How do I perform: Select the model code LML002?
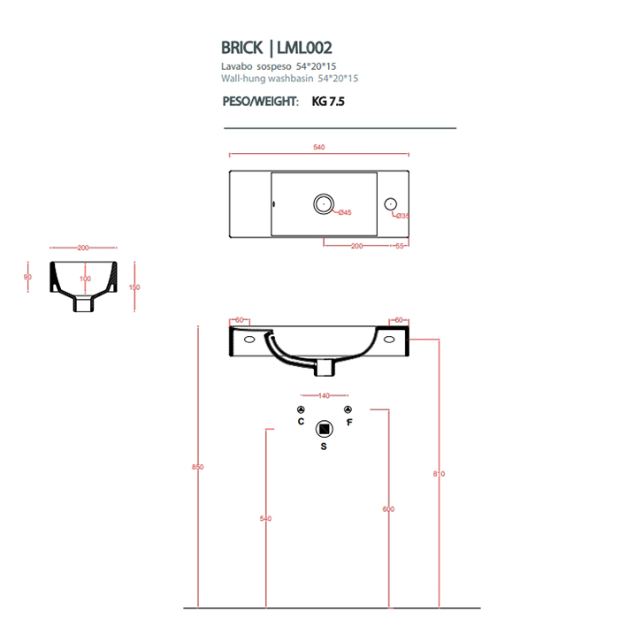pos(307,48)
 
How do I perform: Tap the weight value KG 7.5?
pos(328,102)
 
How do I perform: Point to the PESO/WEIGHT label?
pos(260,102)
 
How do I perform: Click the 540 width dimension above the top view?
pos(319,147)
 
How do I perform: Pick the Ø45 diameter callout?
pos(345,212)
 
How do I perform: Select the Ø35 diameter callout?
pos(401,216)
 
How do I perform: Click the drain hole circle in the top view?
pos(325,204)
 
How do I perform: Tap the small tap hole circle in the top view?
pos(391,204)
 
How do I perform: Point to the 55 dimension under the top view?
pos(400,246)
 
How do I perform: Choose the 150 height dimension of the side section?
pos(135,287)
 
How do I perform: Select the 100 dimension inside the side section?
pos(85,279)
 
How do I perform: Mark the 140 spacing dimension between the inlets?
pos(324,395)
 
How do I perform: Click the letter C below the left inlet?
pos(301,423)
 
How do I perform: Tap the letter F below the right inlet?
pos(349,423)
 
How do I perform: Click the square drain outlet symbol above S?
pos(324,429)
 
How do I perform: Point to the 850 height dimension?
pos(197,467)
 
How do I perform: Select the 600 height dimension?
pos(388,509)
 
